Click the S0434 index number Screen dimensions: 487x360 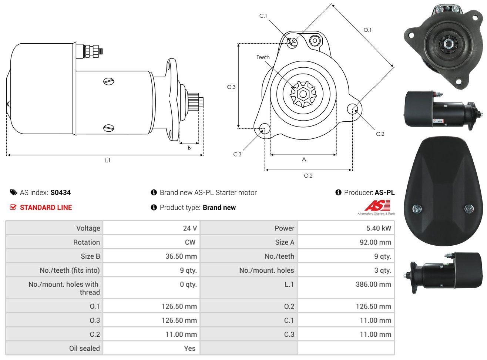[60, 192]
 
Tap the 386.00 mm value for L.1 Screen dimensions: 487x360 [373, 284]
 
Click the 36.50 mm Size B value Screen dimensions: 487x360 [181, 256]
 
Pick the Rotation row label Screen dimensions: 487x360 [87, 242]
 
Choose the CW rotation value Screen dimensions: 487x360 [190, 242]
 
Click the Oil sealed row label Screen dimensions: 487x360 [84, 349]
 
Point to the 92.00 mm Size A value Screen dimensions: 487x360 [375, 242]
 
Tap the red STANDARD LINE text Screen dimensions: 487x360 [46, 208]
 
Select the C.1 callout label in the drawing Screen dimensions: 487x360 [263, 16]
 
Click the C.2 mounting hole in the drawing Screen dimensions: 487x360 [352, 109]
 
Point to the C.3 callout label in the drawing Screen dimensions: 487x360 [237, 154]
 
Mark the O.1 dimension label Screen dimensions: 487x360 [367, 30]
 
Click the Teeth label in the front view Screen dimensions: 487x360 [263, 57]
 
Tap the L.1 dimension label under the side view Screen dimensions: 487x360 [107, 161]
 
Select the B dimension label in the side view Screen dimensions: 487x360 [189, 148]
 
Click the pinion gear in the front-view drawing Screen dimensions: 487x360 [303, 94]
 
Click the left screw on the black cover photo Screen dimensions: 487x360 [417, 208]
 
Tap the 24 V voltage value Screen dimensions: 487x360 [190, 228]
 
